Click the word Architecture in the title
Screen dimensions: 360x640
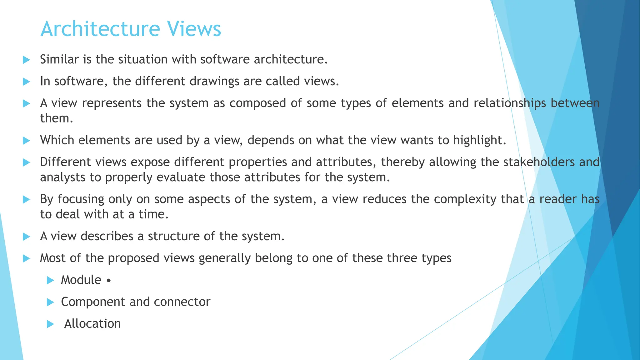point(100,29)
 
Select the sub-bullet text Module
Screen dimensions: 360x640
point(81,280)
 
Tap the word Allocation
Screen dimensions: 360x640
point(92,323)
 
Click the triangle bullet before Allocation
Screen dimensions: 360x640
point(50,324)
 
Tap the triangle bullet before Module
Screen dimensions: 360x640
point(50,280)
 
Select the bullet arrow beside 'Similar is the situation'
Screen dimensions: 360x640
point(27,60)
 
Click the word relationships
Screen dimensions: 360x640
point(510,103)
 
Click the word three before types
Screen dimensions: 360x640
point(402,258)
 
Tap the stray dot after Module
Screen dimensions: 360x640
point(108,281)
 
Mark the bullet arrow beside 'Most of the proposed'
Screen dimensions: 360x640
point(27,258)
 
